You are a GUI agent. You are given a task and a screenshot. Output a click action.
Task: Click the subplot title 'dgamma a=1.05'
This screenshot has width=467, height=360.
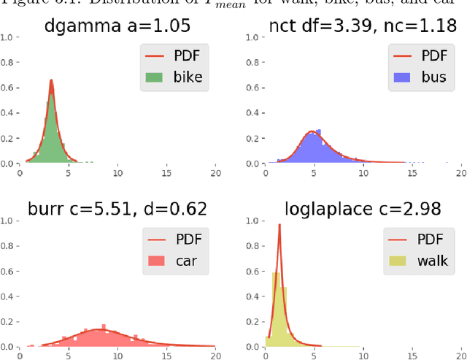[x=117, y=26]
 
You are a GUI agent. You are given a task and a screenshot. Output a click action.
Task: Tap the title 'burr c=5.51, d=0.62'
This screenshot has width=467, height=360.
[x=117, y=209]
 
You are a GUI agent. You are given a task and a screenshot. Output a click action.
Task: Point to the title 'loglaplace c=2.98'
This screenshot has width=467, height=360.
[x=363, y=209]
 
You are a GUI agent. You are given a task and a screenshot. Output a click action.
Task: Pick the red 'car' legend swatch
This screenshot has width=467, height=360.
[x=156, y=260]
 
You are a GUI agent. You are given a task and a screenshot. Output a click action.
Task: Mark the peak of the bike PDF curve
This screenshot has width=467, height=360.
[x=50, y=80]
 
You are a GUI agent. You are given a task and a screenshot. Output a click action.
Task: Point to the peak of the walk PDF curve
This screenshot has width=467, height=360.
[x=279, y=225]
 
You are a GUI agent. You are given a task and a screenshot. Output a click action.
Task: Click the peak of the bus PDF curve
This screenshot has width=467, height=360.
[x=312, y=131]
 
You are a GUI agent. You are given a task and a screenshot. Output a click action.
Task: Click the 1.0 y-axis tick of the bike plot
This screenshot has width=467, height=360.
[x=6, y=37]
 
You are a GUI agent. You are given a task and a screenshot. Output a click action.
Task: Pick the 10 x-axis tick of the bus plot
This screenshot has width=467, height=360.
[x=363, y=174]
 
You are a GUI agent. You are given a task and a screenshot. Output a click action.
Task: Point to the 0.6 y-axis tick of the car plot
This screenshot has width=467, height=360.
[x=6, y=269]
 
